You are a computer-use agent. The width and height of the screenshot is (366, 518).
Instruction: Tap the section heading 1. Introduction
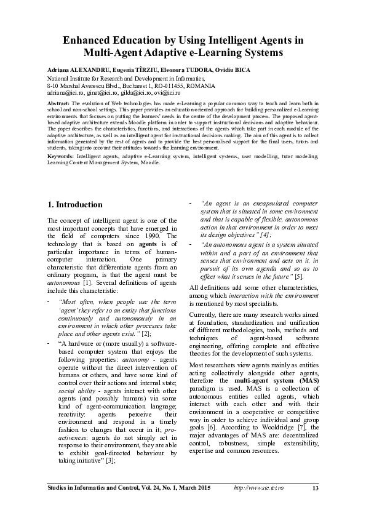coord(75,204)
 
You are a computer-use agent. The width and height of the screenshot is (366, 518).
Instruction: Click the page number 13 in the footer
coord(316,488)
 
